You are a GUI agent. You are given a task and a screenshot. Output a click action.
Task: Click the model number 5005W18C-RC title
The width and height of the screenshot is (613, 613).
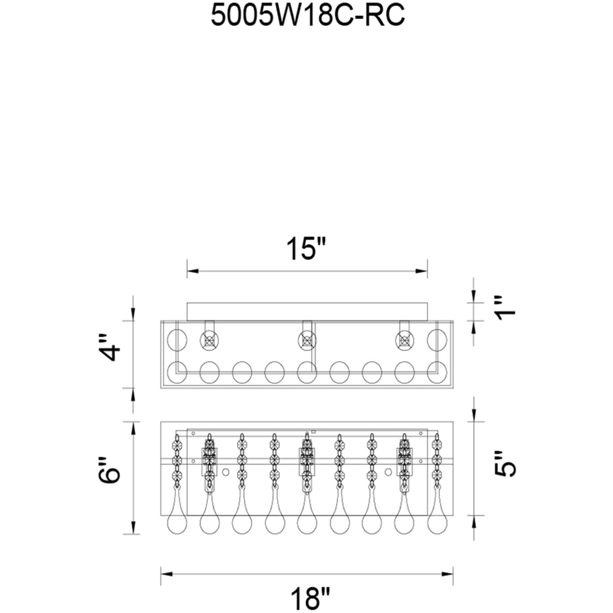coord(308,16)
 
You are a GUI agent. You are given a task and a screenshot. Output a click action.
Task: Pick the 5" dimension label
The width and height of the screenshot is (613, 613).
coord(504,464)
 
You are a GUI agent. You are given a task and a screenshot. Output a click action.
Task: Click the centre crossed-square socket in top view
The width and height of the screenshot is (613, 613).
coord(307,340)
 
